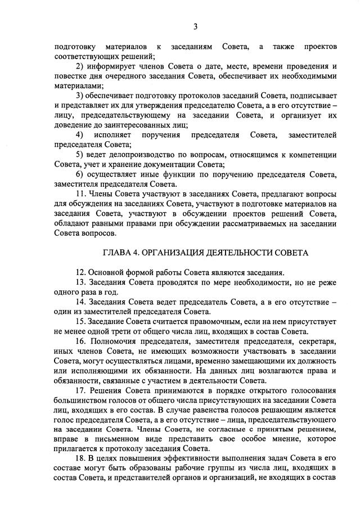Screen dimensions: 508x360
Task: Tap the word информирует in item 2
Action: (x=112, y=66)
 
